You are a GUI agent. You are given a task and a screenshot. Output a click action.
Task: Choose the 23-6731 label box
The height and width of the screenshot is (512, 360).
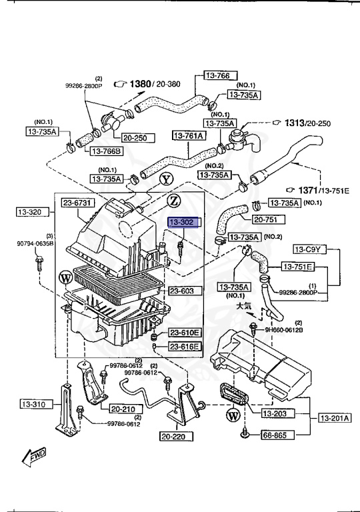click(x=78, y=203)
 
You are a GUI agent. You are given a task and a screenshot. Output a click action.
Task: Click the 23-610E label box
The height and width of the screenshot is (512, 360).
click(x=183, y=333)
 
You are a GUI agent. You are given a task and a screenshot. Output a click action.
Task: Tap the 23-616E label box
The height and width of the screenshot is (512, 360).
click(x=183, y=346)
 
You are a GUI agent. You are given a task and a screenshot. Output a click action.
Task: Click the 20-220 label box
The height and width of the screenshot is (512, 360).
click(x=176, y=437)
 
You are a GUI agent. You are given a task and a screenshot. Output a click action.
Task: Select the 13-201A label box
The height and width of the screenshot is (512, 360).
click(x=333, y=418)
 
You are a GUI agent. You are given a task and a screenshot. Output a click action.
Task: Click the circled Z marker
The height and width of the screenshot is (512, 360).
click(x=173, y=200)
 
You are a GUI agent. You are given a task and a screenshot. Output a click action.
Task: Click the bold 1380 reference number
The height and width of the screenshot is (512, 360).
click(x=141, y=84)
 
